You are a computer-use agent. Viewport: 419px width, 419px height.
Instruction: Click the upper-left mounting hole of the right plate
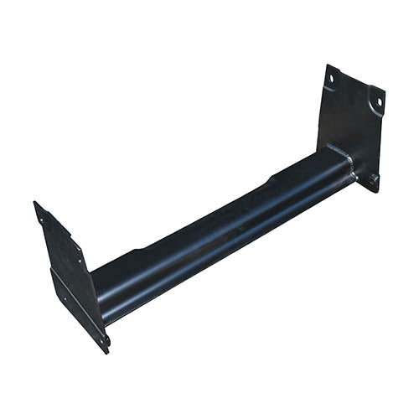(x=332, y=80)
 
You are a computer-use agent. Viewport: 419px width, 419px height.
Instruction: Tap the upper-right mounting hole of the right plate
(x=378, y=101)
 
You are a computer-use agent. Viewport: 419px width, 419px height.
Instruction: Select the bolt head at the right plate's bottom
(x=371, y=178)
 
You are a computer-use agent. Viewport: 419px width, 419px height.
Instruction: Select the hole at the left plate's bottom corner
(x=105, y=340)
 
